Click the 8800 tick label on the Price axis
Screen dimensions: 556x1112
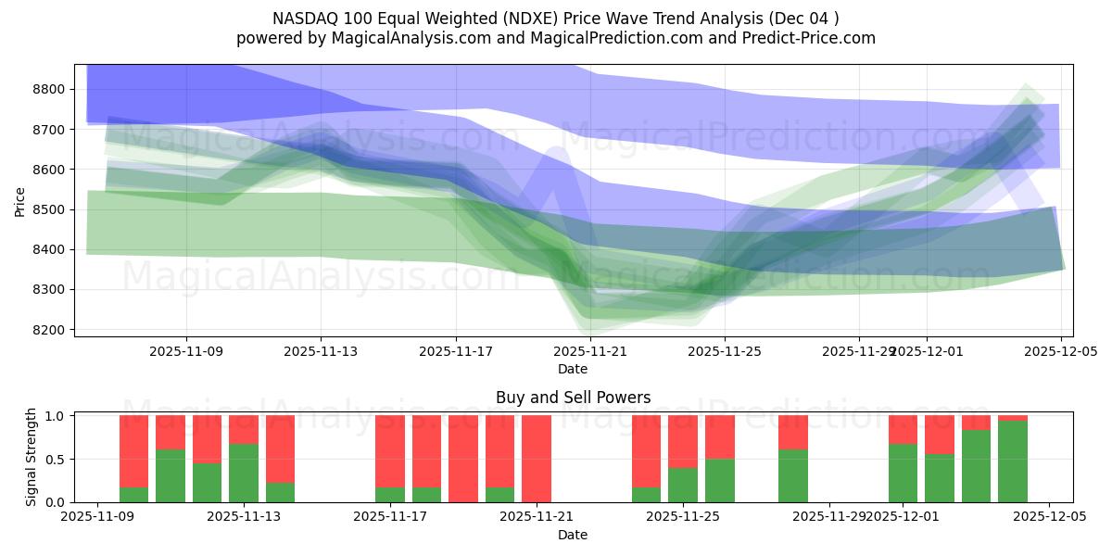[x=49, y=90]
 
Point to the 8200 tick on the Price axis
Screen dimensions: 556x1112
[x=49, y=330]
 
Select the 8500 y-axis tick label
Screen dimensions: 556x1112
[x=49, y=210]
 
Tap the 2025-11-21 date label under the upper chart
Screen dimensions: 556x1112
[x=590, y=351]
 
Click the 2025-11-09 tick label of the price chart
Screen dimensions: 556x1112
[x=186, y=351]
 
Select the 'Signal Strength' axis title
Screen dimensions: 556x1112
[x=32, y=456]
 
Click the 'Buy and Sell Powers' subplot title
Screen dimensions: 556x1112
[x=573, y=398]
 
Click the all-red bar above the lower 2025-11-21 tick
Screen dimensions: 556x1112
[x=537, y=459]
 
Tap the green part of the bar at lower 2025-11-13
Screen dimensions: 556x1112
[x=244, y=473]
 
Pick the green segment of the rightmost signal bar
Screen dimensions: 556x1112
[x=1013, y=461]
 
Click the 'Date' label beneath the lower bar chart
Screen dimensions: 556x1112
[x=573, y=535]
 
